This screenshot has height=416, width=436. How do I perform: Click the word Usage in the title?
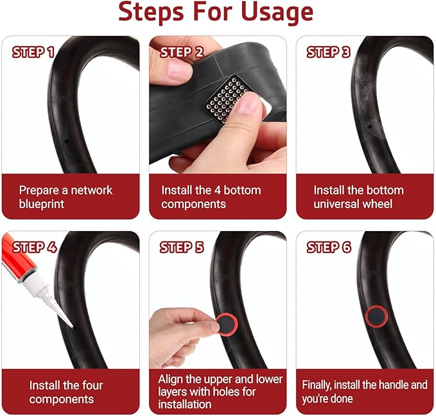tap(277, 12)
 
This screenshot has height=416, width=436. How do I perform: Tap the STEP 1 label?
tap(33, 52)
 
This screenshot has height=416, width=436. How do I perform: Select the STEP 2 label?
tap(182, 52)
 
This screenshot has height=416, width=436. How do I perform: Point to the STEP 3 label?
tap(328, 52)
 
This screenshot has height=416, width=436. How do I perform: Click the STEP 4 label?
tap(35, 248)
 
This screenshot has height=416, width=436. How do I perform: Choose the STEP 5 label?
tap(182, 248)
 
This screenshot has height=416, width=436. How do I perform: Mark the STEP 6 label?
tap(329, 248)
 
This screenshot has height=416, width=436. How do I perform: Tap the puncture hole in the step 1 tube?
tap(67, 141)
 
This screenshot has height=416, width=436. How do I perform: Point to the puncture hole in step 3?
tap(370, 127)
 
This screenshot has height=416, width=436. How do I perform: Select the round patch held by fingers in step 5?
tap(227, 324)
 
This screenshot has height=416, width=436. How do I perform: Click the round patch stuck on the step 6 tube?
tap(376, 316)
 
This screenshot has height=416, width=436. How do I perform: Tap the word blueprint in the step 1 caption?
tap(42, 204)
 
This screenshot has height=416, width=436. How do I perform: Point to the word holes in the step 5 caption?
tap(225, 392)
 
